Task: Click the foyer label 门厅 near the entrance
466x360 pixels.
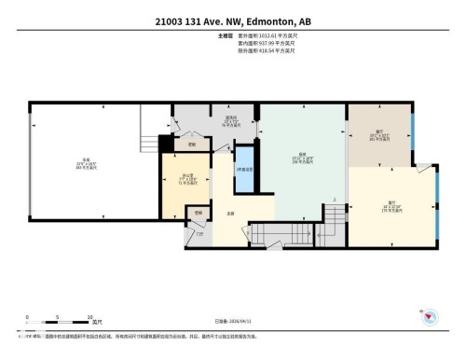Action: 200,233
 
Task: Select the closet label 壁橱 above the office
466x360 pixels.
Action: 191,144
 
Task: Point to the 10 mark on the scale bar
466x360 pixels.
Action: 89,316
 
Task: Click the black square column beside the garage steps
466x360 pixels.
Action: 164,143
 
